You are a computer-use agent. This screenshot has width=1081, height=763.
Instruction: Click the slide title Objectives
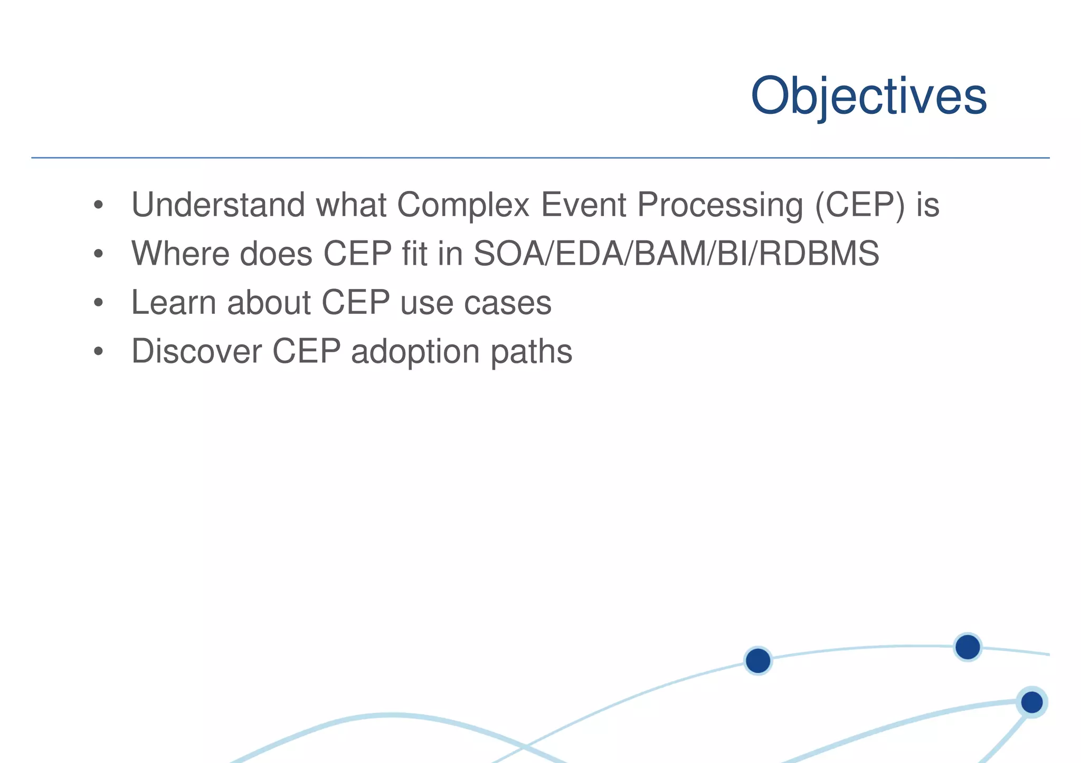tap(868, 96)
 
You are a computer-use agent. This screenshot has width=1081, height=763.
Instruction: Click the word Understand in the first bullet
tap(218, 205)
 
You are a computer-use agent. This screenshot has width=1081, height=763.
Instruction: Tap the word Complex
tap(463, 205)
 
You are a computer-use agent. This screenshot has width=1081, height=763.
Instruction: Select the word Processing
tap(720, 205)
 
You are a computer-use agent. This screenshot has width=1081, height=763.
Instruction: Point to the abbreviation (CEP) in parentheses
tap(860, 205)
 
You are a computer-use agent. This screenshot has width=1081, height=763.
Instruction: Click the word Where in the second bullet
tap(179, 254)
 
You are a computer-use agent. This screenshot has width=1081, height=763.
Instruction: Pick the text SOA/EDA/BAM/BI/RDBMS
tap(676, 254)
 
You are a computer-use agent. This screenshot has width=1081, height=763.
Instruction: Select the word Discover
tap(196, 351)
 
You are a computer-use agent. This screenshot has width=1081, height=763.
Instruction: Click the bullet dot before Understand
tap(98, 206)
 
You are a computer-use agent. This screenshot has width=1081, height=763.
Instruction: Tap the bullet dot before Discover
tap(98, 352)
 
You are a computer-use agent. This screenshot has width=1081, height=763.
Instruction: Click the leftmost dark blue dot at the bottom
tap(758, 661)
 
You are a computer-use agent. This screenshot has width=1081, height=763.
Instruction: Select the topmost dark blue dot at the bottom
tap(968, 647)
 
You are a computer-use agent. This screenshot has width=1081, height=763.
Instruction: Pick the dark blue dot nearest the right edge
tap(1031, 702)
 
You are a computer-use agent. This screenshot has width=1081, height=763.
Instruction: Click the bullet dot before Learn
tap(98, 304)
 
